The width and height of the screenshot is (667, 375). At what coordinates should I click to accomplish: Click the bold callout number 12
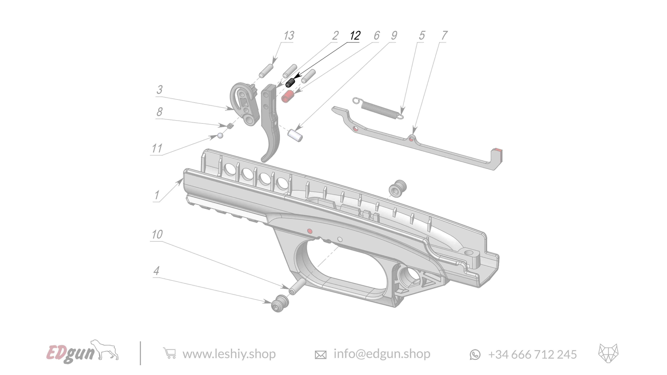coord(355,35)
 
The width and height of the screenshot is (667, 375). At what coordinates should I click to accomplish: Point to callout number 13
coord(289,36)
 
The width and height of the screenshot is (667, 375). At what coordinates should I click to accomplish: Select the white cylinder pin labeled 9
coord(295,135)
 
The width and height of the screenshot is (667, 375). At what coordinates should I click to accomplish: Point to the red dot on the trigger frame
coord(309,231)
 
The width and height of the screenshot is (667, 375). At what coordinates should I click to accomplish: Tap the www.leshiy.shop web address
coord(229,354)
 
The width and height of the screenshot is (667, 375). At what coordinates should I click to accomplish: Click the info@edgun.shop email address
coord(382,354)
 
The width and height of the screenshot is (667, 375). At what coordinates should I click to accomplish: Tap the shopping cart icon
coord(170,353)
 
